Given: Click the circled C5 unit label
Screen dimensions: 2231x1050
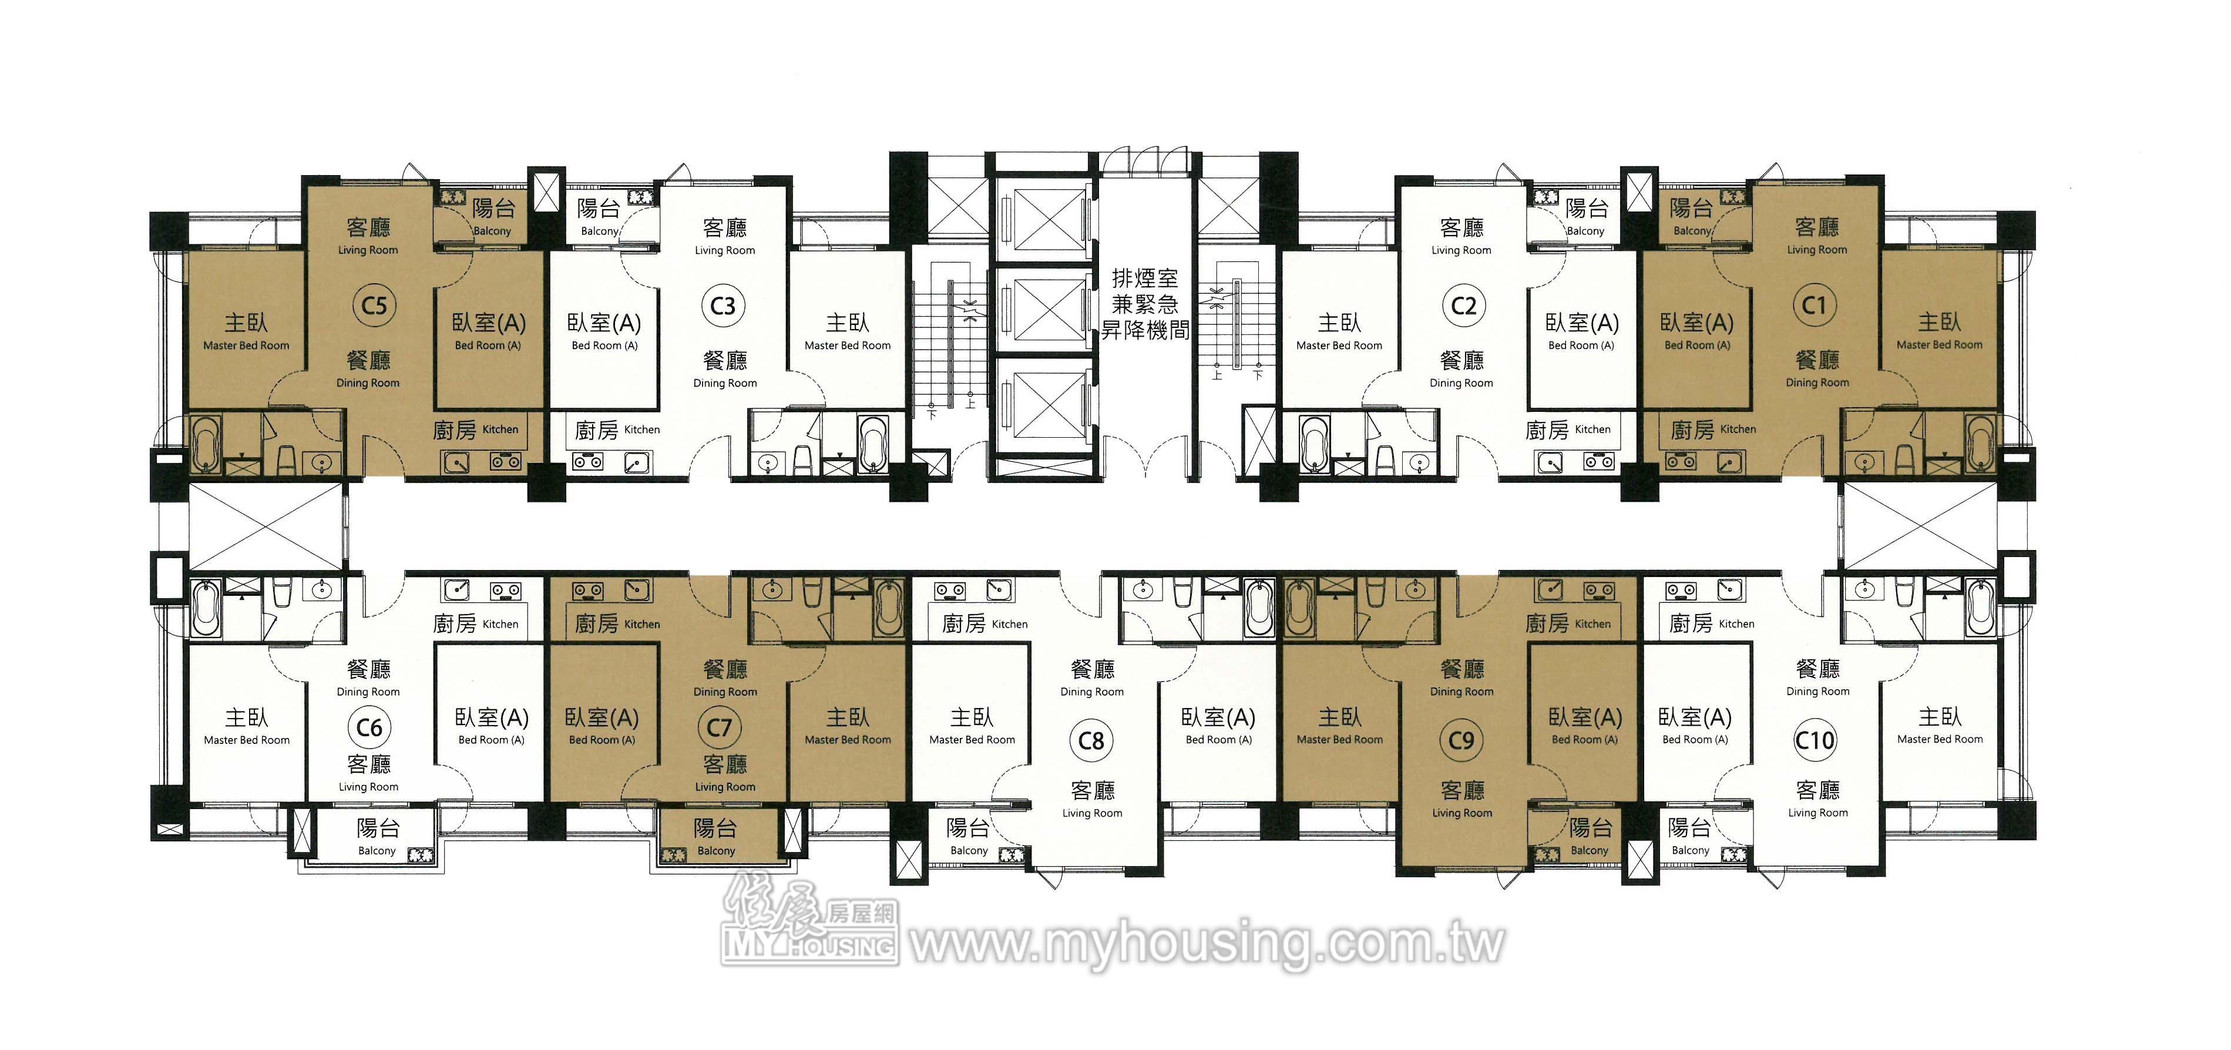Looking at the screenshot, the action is pyautogui.click(x=374, y=306).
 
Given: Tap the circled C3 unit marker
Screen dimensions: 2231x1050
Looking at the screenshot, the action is pyautogui.click(x=723, y=306).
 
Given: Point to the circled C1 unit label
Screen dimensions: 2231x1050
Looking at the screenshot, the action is pyautogui.click(x=1815, y=305).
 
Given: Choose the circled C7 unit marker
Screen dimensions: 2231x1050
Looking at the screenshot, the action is pyautogui.click(x=720, y=727).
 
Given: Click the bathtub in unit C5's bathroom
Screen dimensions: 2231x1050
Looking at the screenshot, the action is pyautogui.click(x=205, y=444).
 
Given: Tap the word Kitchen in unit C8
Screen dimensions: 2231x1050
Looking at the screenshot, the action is pyautogui.click(x=1010, y=624).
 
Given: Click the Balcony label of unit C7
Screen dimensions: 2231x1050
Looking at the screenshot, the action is pyautogui.click(x=716, y=851).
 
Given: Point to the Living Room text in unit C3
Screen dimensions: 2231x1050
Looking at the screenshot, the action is pyautogui.click(x=725, y=250).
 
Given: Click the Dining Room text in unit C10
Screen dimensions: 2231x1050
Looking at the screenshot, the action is pyautogui.click(x=1818, y=692).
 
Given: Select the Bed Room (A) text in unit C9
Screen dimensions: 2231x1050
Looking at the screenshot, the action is pyautogui.click(x=1585, y=739).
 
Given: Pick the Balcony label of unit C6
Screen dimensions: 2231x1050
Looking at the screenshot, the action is pyautogui.click(x=377, y=851).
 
